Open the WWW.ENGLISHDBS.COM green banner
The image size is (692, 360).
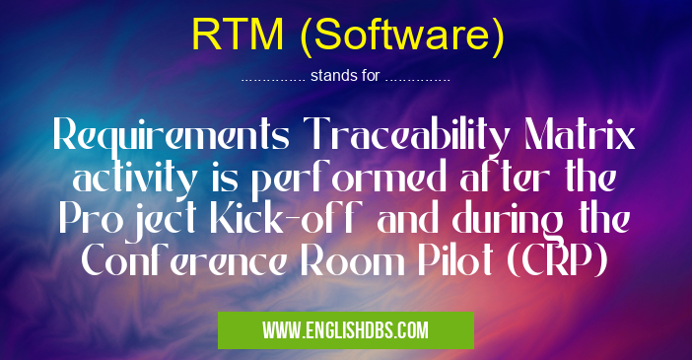pyautogui.click(x=345, y=328)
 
